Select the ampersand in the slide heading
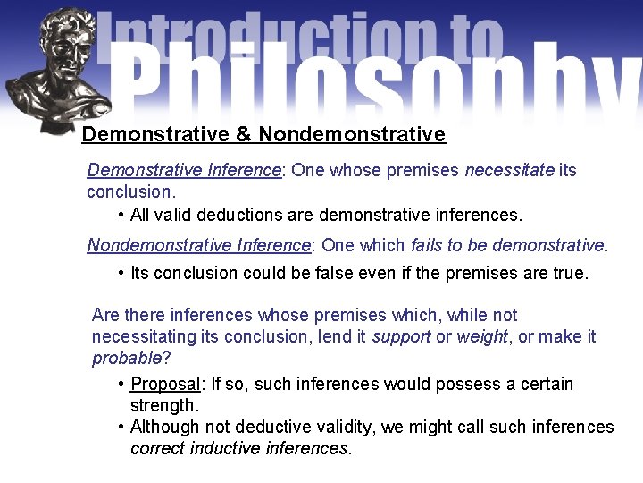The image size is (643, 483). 243,135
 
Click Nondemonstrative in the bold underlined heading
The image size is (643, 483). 352,135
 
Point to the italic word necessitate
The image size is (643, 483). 509,171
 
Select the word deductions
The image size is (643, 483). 238,215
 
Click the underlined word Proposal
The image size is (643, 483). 166,385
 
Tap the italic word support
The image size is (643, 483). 404,337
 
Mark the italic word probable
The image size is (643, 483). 126,359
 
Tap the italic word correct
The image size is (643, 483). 157,448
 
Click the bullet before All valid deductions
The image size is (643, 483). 121,215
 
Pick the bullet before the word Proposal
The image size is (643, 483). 121,385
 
